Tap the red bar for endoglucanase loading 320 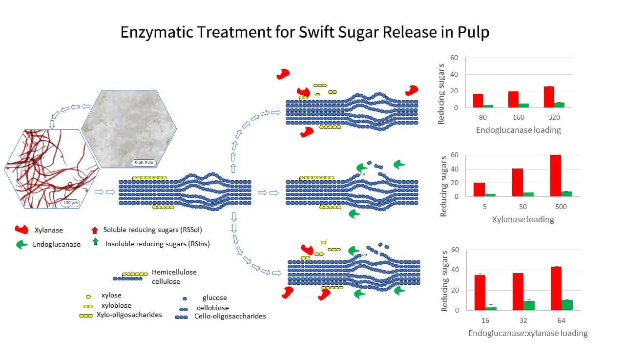(x=549, y=97)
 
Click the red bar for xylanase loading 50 (x=518, y=182)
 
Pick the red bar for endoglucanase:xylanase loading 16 (x=480, y=292)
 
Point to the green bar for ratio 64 (x=567, y=305)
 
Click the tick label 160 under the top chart (x=518, y=118)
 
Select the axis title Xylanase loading (x=522, y=219)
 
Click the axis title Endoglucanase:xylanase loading (x=528, y=333)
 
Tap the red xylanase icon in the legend (x=21, y=230)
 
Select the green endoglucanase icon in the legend (x=22, y=245)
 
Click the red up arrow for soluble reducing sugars (x=95, y=230)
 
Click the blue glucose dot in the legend (x=185, y=298)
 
